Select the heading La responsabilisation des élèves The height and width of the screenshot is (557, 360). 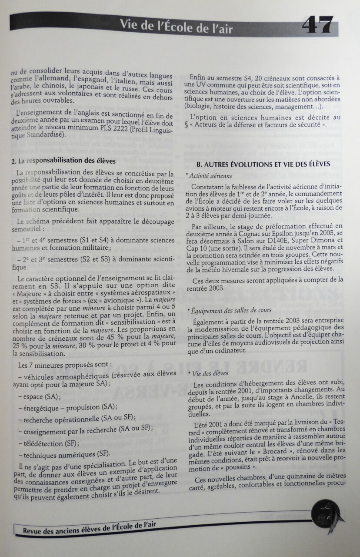coord(63,161)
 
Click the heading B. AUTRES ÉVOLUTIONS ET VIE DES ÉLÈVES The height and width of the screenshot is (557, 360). coord(263,164)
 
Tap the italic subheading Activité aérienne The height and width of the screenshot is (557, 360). coord(209,176)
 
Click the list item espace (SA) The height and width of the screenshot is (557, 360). coord(41,397)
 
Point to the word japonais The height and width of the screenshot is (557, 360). coord(90,87)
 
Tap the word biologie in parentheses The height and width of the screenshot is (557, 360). coord(199,106)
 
